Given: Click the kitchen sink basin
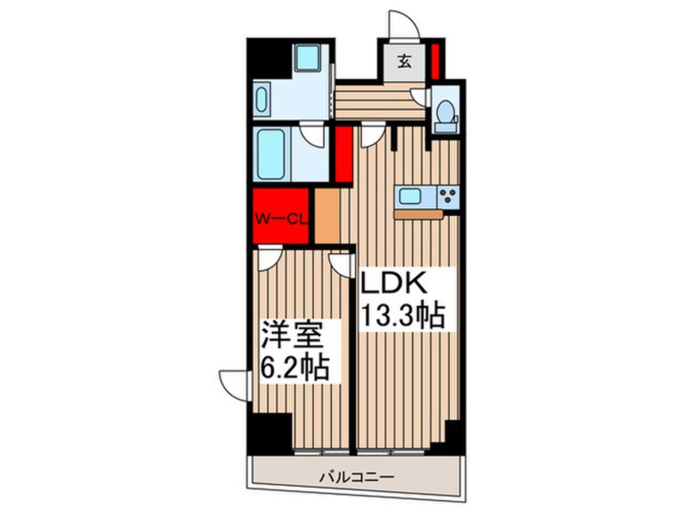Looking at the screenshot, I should [409, 195].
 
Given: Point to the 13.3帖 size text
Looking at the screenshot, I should [403, 315].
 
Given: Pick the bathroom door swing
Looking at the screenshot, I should [313, 134].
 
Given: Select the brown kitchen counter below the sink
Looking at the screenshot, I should [419, 214].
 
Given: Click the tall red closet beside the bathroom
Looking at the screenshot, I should [342, 153].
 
